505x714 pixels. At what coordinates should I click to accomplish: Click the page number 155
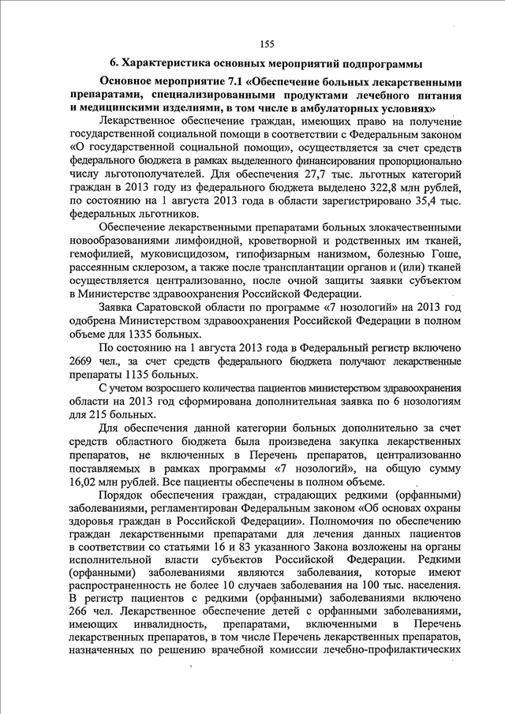pos(265,43)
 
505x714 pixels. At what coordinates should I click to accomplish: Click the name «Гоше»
pos(445,254)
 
